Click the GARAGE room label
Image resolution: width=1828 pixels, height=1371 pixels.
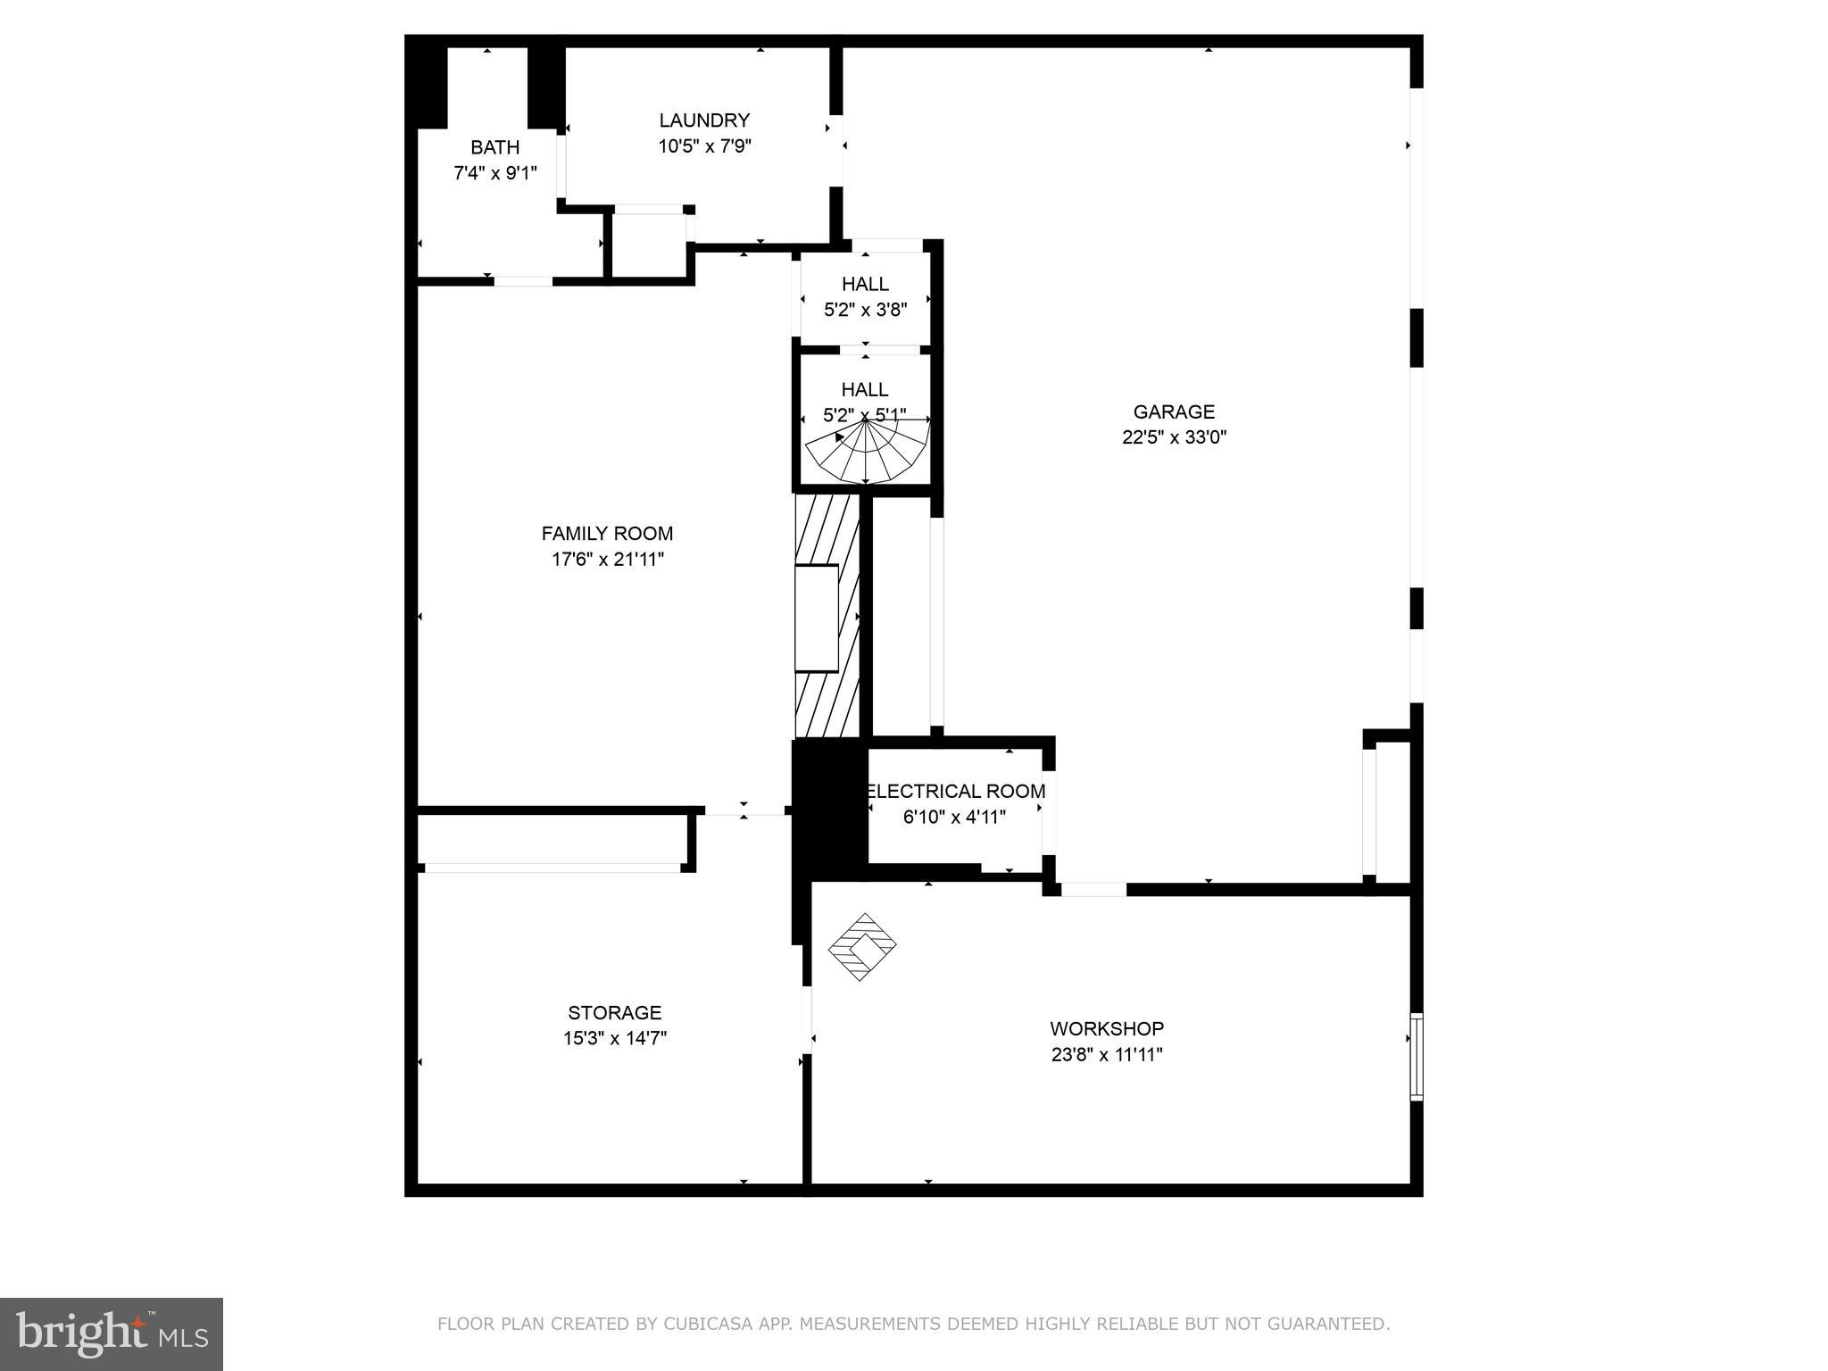(x=1174, y=411)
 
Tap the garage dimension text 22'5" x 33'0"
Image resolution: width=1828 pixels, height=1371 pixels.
(x=1174, y=437)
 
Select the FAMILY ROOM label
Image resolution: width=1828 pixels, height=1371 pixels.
(x=607, y=533)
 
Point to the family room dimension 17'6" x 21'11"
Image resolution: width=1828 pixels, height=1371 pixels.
(x=607, y=560)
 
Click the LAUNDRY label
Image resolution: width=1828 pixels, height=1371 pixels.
(x=704, y=120)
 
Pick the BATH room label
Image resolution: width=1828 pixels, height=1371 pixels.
(x=494, y=147)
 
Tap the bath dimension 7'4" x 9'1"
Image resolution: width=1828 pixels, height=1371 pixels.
(x=494, y=173)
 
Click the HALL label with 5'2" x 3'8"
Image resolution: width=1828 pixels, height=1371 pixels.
(x=865, y=284)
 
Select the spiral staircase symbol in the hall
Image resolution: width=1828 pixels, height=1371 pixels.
(x=866, y=451)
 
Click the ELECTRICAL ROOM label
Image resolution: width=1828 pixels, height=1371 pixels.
(x=955, y=791)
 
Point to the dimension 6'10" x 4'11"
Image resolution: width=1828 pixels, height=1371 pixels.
(x=954, y=817)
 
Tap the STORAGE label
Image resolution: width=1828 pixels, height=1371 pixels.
(x=614, y=1012)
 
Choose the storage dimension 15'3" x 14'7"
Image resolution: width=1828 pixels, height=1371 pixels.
(x=614, y=1038)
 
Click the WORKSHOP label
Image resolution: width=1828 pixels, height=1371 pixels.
(x=1106, y=1028)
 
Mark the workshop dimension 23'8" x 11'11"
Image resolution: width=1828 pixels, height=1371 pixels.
(x=1106, y=1054)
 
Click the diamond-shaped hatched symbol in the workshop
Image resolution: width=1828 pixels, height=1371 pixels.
(x=862, y=946)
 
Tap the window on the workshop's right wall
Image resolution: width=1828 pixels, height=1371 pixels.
(x=1416, y=1056)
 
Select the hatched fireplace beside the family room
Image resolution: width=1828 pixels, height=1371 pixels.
(x=827, y=616)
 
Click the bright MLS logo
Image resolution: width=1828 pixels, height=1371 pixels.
(x=111, y=1334)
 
